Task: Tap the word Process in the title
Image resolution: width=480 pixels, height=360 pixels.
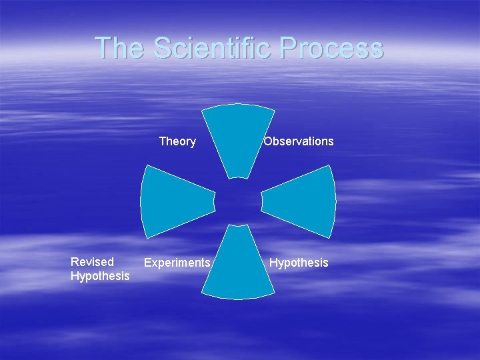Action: click(332, 48)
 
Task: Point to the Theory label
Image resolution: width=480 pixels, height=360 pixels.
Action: click(177, 141)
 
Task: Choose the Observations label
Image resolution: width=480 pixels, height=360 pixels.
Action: click(299, 141)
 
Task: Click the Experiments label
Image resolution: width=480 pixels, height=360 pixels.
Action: click(177, 263)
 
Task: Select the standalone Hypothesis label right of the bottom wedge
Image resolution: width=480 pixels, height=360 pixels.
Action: click(299, 263)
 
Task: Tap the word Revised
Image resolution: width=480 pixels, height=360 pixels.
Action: click(92, 262)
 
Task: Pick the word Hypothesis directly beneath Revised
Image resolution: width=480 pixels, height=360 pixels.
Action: click(100, 276)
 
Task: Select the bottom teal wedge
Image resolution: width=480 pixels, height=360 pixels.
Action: click(238, 267)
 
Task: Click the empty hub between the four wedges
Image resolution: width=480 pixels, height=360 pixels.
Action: click(238, 201)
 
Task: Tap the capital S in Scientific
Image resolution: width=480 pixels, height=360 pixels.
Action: click(162, 48)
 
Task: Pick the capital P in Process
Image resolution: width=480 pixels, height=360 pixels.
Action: click(289, 48)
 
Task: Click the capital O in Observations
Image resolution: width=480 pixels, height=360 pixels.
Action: click(268, 141)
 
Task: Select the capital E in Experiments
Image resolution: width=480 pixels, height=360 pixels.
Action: click(148, 263)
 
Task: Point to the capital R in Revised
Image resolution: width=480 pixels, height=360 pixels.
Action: click(75, 262)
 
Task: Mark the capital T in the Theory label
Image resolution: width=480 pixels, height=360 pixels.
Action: click(163, 141)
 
